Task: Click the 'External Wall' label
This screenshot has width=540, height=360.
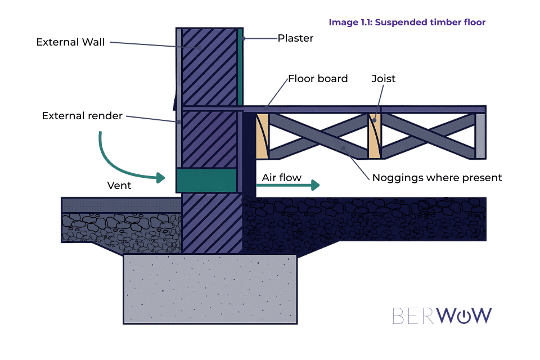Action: tap(70, 42)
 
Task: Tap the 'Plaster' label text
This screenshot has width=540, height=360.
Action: tap(295, 38)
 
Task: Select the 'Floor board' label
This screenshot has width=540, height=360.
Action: tap(318, 79)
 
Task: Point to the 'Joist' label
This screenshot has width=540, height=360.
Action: tap(383, 79)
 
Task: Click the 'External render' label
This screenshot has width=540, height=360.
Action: tap(82, 116)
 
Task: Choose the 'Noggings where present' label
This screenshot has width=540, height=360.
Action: tap(437, 178)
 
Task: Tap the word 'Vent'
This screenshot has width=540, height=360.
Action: tap(119, 186)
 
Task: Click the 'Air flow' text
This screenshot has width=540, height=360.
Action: tap(282, 178)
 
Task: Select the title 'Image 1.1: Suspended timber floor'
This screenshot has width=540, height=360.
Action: tap(407, 22)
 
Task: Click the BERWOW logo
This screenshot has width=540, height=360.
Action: tap(442, 316)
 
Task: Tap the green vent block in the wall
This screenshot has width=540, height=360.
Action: tap(206, 181)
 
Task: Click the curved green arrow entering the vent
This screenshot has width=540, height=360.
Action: tap(121, 163)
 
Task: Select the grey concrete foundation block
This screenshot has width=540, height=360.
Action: tap(210, 289)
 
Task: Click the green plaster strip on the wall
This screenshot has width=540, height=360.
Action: tap(240, 67)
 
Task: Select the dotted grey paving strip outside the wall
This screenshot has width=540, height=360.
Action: tap(121, 205)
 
